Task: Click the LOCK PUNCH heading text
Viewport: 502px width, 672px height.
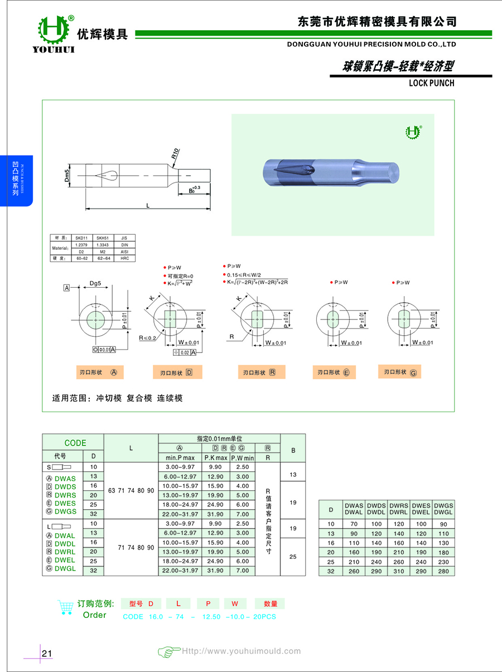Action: (x=431, y=83)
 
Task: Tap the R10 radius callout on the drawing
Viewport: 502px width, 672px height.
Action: (x=175, y=154)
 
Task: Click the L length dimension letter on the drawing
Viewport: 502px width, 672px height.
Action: (x=148, y=205)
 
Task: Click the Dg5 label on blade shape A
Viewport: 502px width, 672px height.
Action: (x=95, y=283)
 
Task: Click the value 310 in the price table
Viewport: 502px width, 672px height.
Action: (x=399, y=571)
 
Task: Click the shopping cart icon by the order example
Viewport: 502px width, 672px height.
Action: (x=66, y=607)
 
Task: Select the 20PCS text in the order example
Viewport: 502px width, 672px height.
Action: (x=263, y=616)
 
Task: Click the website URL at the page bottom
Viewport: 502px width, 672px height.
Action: (x=242, y=651)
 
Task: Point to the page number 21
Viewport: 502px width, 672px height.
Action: (x=47, y=653)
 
